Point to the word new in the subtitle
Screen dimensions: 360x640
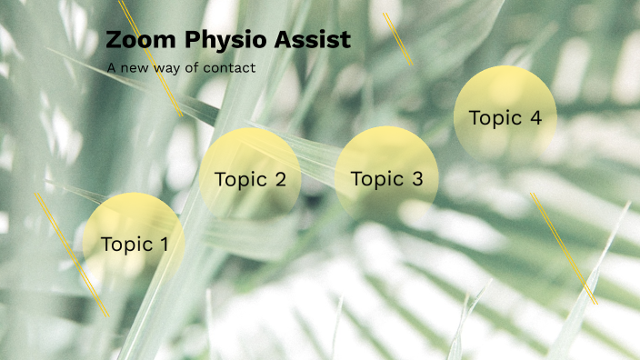point(135,68)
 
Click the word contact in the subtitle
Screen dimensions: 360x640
point(231,68)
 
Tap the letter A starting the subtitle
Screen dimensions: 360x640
point(111,68)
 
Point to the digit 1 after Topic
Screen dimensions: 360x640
point(164,244)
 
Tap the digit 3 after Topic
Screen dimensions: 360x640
point(417,179)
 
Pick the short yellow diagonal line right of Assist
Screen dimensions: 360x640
point(398,39)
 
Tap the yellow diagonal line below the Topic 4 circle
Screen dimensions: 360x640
point(564,248)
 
